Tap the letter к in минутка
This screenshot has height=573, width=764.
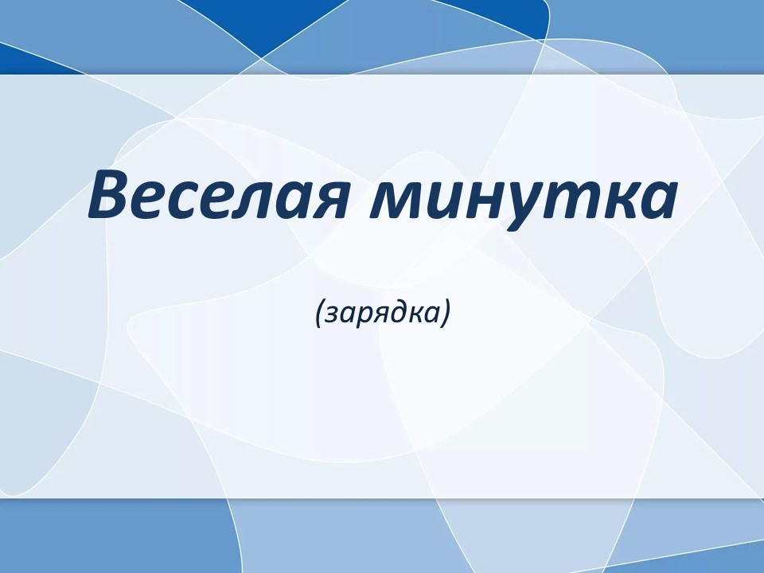coord(613,200)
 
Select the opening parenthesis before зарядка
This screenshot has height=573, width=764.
coord(319,314)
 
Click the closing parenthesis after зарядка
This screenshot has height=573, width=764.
coord(443,314)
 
